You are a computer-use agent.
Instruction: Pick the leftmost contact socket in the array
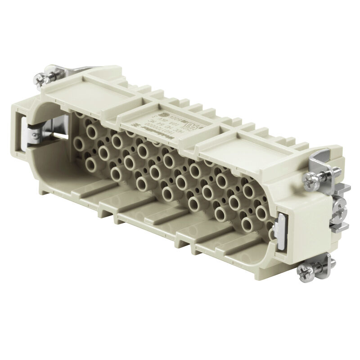tap(79, 144)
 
